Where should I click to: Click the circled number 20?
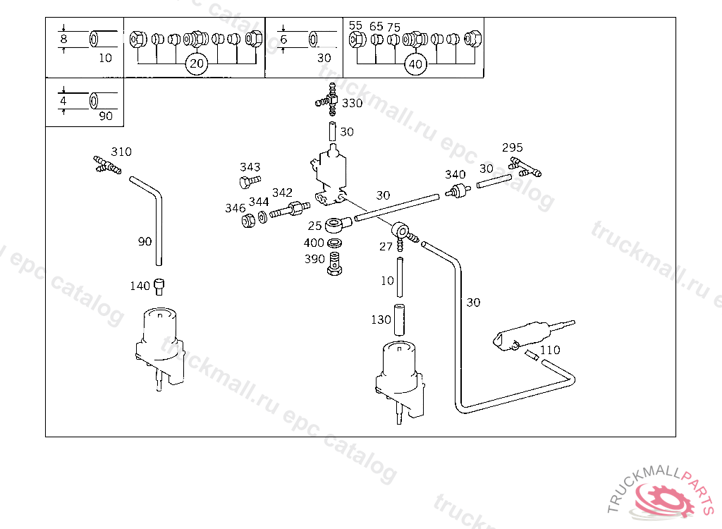coord(197,63)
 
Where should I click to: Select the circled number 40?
coord(415,64)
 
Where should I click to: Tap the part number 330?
coord(353,103)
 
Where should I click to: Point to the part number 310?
coord(121,152)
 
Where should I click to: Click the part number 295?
coord(512,147)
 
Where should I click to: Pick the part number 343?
coord(250,166)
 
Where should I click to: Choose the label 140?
coord(140,286)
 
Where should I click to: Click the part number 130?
coord(381,320)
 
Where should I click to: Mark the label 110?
coord(550,351)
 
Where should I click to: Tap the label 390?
coord(314,259)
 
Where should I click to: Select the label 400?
coord(314,243)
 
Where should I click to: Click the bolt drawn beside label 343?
coord(250,181)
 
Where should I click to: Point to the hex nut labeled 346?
coord(248,221)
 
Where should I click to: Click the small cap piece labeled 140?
coord(159,287)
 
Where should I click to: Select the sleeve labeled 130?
coord(399,320)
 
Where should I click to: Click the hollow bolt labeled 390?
coord(335,264)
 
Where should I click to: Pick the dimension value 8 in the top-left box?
coord(63,39)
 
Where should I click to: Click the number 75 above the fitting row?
coord(393,28)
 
